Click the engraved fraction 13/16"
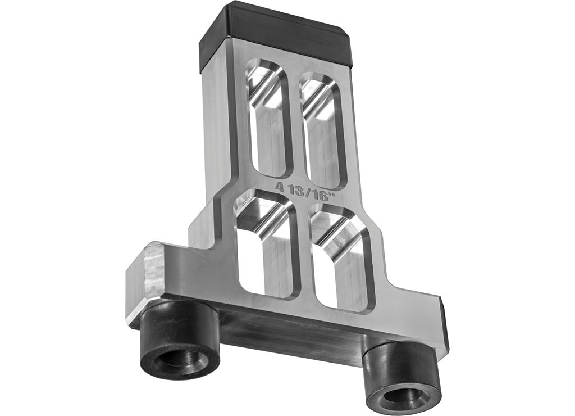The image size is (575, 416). (x=311, y=191)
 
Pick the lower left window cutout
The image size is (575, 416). (x=266, y=245)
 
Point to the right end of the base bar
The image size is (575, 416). (x=444, y=326)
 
